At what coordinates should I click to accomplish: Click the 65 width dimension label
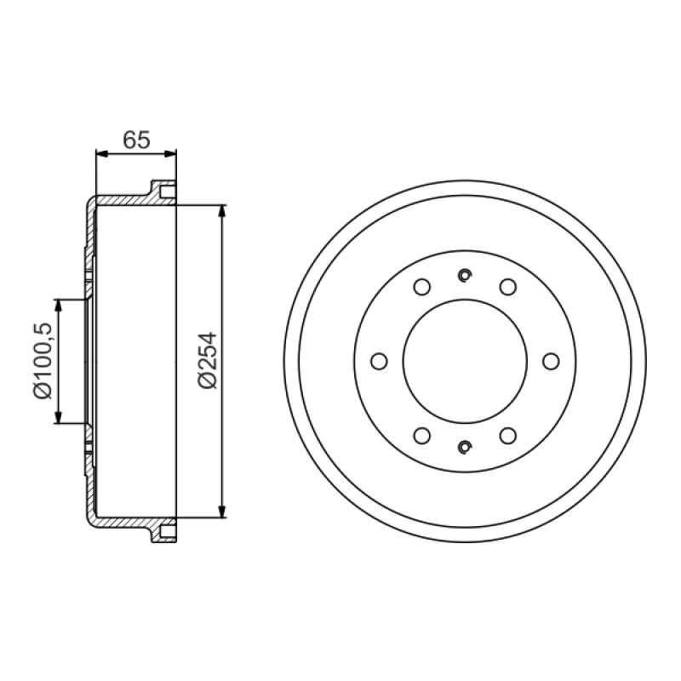click(x=136, y=140)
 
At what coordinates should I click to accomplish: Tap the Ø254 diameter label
click(x=207, y=360)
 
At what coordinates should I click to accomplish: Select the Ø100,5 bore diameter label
click(x=43, y=360)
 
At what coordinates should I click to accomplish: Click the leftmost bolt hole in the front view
click(x=379, y=361)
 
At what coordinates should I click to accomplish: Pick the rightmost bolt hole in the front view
click(x=551, y=361)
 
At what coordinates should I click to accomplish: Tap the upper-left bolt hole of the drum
click(x=422, y=287)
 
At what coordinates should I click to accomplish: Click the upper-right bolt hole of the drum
click(x=507, y=287)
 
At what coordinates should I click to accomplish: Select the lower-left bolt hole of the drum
click(x=422, y=436)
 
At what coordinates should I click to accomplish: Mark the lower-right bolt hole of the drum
click(x=507, y=436)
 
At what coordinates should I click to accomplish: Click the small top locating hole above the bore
click(x=465, y=275)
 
